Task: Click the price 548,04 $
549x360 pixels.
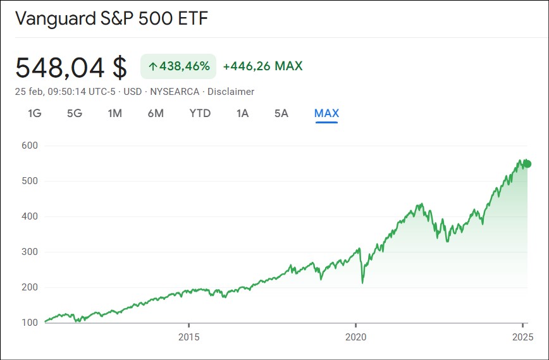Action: click(x=71, y=67)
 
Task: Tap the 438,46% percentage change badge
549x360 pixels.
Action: click(x=178, y=66)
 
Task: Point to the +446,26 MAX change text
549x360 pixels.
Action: click(x=262, y=66)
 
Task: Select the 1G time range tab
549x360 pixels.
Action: click(x=34, y=113)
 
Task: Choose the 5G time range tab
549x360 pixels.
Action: click(x=75, y=113)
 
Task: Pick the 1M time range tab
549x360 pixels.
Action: click(x=114, y=113)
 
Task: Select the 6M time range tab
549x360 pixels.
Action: click(x=156, y=113)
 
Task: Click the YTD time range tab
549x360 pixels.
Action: click(x=200, y=113)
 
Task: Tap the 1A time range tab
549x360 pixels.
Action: click(x=242, y=113)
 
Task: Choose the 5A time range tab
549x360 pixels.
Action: click(x=281, y=113)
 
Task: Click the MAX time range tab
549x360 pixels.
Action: click(x=326, y=113)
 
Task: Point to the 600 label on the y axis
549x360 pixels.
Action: click(x=28, y=146)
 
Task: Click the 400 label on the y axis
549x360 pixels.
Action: click(x=28, y=216)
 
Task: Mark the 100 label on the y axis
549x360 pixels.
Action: click(x=28, y=323)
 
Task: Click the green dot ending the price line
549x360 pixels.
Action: click(x=527, y=164)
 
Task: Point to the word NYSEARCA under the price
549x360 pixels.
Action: click(x=175, y=92)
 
